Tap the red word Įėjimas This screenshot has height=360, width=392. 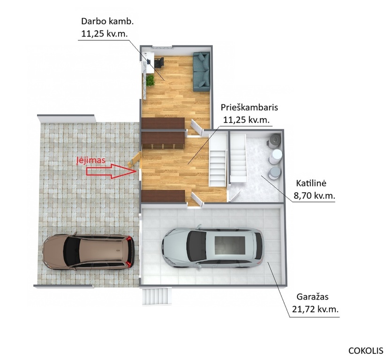pos(91,160)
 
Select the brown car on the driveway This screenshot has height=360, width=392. pos(89,253)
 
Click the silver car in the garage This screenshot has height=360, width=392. pos(213,247)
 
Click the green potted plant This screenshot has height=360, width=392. pos(150,81)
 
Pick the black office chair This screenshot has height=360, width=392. pos(159,62)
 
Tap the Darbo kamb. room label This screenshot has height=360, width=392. pos(107,22)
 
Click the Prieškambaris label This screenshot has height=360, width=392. pos(249,108)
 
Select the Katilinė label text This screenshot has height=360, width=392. pos(311,183)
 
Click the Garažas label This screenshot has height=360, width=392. pos(312,297)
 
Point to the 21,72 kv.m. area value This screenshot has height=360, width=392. pos(315,309)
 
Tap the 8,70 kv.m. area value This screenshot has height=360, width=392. pos(314,195)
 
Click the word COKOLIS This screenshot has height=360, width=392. pos(366,351)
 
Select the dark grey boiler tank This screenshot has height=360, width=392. pos(274,141)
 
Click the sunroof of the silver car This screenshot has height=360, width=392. pos(230,246)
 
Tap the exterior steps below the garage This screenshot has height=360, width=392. pos(158,296)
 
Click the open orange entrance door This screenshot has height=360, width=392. pos(135,159)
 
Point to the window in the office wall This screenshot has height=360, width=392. pos(162,47)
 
